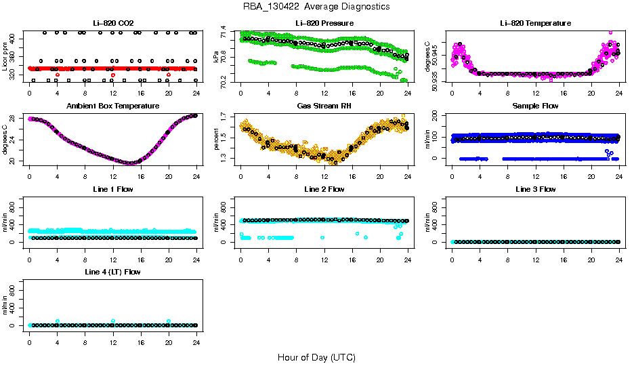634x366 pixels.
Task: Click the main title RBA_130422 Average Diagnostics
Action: click(x=316, y=7)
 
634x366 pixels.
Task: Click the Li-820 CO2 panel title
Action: click(x=113, y=23)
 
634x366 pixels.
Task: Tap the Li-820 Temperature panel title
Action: click(x=535, y=23)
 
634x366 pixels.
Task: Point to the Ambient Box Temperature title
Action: click(x=113, y=106)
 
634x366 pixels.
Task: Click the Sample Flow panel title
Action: click(x=535, y=106)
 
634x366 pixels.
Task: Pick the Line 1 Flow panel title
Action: click(x=113, y=189)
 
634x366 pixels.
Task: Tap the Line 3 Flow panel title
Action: click(x=535, y=189)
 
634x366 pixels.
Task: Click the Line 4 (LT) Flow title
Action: click(x=113, y=272)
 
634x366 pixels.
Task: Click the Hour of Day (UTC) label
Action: click(x=316, y=357)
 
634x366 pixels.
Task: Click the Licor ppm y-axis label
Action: click(x=5, y=57)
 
